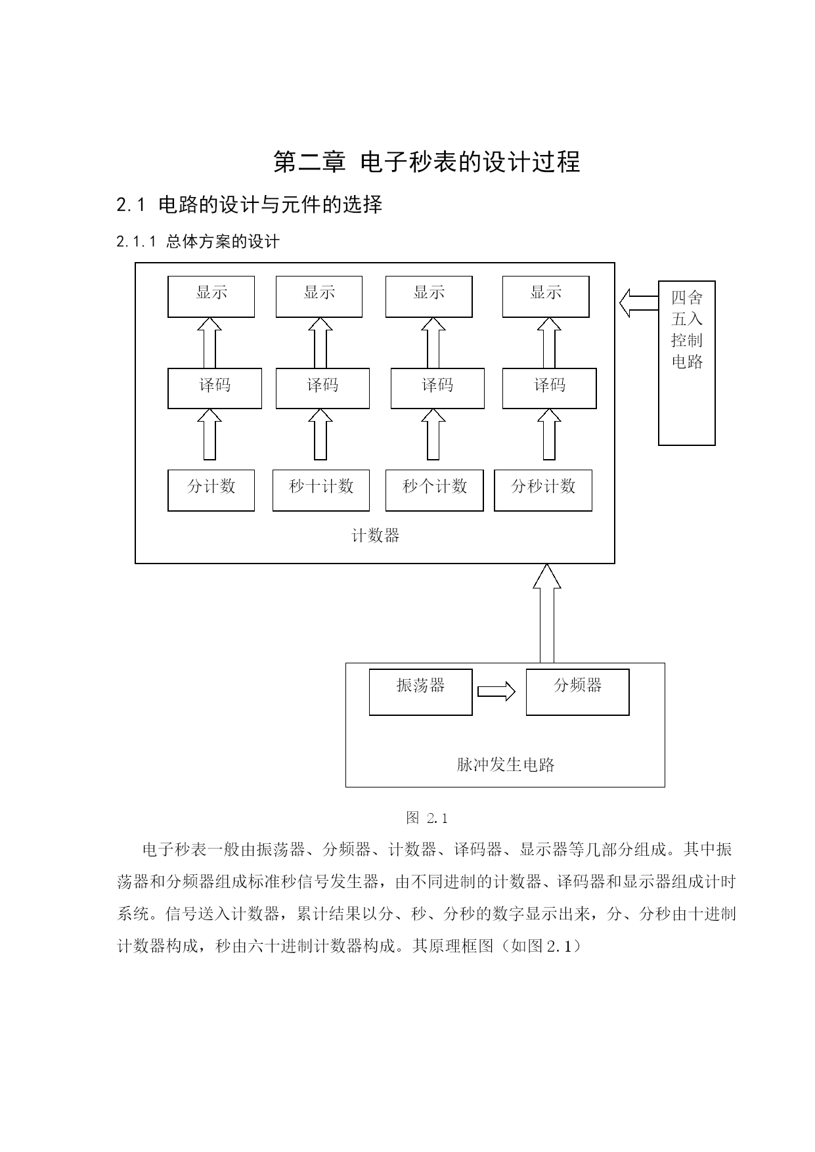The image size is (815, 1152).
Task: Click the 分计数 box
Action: [211, 490]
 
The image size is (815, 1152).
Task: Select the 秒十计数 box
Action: [321, 490]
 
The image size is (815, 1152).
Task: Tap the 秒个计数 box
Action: [434, 490]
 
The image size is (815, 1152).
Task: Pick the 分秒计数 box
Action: [543, 490]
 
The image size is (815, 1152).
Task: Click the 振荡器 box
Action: [420, 692]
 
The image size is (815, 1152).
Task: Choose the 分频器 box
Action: [577, 692]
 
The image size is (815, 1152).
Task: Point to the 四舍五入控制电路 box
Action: [687, 363]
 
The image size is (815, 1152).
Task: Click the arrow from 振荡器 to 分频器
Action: [496, 692]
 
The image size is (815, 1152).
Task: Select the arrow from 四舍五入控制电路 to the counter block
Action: [639, 303]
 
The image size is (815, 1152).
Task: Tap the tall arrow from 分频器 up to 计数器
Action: [546, 613]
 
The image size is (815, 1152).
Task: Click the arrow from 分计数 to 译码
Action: [209, 434]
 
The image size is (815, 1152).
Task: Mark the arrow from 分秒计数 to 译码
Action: [549, 434]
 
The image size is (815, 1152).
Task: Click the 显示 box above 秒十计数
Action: [319, 297]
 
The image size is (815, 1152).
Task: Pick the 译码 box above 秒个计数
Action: [437, 388]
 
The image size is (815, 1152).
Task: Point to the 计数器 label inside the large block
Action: [376, 536]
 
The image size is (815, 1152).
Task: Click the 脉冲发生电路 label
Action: [506, 764]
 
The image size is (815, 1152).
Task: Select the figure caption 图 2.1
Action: [427, 818]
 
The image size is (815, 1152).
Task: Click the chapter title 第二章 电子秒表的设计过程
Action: [427, 162]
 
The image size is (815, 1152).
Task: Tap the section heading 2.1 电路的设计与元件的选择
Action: [250, 205]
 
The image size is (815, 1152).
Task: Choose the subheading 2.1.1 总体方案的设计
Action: [198, 242]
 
